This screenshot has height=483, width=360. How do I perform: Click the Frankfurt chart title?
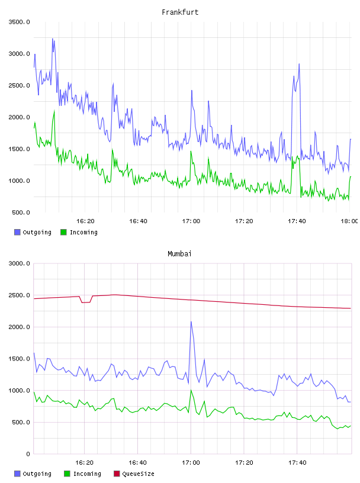180,12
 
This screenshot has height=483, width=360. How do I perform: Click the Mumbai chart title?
179,254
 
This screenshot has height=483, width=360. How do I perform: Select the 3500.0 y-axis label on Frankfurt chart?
20,22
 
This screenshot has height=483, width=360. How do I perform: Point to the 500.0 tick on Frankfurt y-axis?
21,212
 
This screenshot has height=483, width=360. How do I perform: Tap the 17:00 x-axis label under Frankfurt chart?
191,221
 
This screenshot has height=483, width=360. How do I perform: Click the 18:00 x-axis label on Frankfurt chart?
349,221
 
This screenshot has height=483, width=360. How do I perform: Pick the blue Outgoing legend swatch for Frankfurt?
17,232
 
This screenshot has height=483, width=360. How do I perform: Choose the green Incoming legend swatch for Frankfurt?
63,232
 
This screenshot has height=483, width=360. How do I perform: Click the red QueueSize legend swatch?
117,474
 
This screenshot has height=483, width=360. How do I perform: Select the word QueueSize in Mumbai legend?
138,474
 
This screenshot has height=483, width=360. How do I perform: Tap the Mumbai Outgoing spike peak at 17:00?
191,322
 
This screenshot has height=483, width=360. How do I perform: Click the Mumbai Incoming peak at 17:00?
191,390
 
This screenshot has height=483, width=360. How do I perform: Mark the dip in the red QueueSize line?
86,302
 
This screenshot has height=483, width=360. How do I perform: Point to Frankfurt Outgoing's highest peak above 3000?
53,39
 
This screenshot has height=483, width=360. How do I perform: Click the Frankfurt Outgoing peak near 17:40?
299,64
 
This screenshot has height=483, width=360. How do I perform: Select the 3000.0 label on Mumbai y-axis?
20,263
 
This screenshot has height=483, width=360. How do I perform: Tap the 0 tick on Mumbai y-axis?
28,454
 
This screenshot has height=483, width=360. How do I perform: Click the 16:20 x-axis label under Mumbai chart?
85,463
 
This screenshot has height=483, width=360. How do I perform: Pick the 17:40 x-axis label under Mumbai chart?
297,463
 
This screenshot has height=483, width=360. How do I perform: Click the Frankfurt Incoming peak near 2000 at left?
54,111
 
